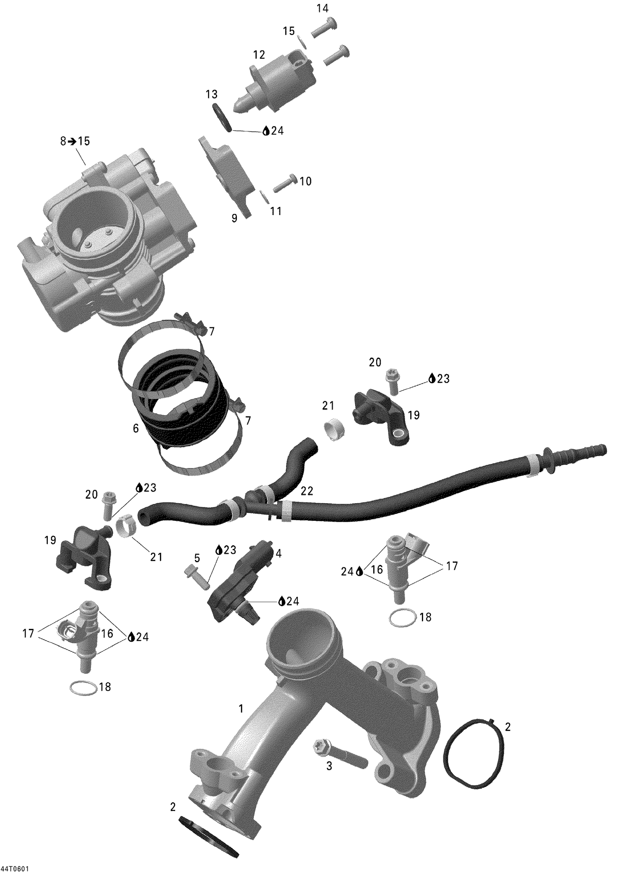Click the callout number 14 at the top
(323, 8)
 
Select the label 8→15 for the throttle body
(75, 141)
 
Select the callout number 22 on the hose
(307, 491)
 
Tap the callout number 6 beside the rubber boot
(136, 428)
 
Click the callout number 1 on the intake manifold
(241, 709)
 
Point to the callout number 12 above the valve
(259, 55)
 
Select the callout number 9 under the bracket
(234, 218)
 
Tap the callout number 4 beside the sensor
(279, 553)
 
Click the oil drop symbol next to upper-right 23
(432, 378)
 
